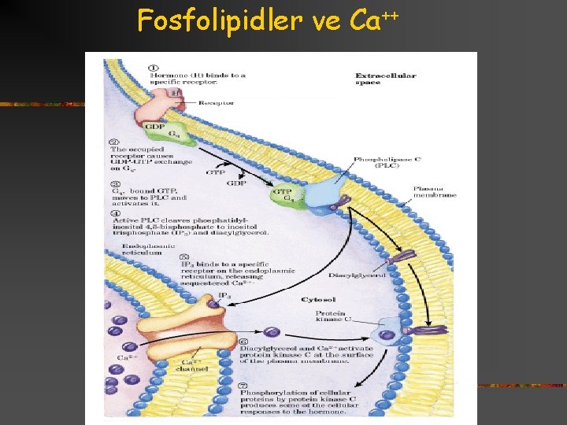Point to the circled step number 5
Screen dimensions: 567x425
click(x=184, y=257)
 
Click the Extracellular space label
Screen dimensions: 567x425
click(x=385, y=79)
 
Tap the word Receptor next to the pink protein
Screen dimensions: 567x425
click(x=216, y=103)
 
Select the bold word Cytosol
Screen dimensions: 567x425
click(x=319, y=300)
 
